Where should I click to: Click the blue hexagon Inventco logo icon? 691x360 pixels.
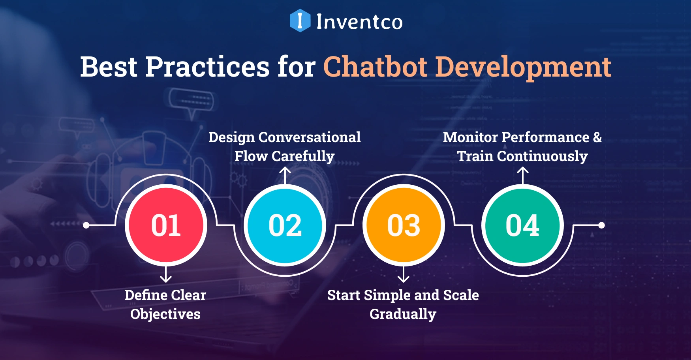click(300, 21)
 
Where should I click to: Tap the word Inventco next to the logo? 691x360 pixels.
click(359, 22)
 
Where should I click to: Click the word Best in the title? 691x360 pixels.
click(109, 67)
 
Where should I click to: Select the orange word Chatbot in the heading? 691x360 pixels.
click(375, 67)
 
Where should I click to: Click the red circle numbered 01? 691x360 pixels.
click(166, 225)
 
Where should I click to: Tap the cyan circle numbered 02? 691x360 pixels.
click(285, 225)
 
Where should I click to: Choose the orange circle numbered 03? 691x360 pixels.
click(404, 225)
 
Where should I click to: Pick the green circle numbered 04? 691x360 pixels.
click(522, 225)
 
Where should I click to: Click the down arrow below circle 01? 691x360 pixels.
click(166, 275)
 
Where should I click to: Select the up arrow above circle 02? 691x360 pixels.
click(285, 175)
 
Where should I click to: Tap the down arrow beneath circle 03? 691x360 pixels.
click(404, 275)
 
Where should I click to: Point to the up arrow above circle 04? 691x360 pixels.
click(523, 175)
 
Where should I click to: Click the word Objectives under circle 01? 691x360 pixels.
click(165, 314)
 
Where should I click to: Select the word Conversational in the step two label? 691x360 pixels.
click(309, 137)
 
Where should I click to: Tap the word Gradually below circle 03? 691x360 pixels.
click(403, 314)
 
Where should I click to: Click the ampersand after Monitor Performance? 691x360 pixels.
click(597, 137)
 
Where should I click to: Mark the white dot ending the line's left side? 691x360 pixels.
click(86, 225)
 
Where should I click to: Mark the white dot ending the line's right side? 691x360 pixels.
click(601, 225)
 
